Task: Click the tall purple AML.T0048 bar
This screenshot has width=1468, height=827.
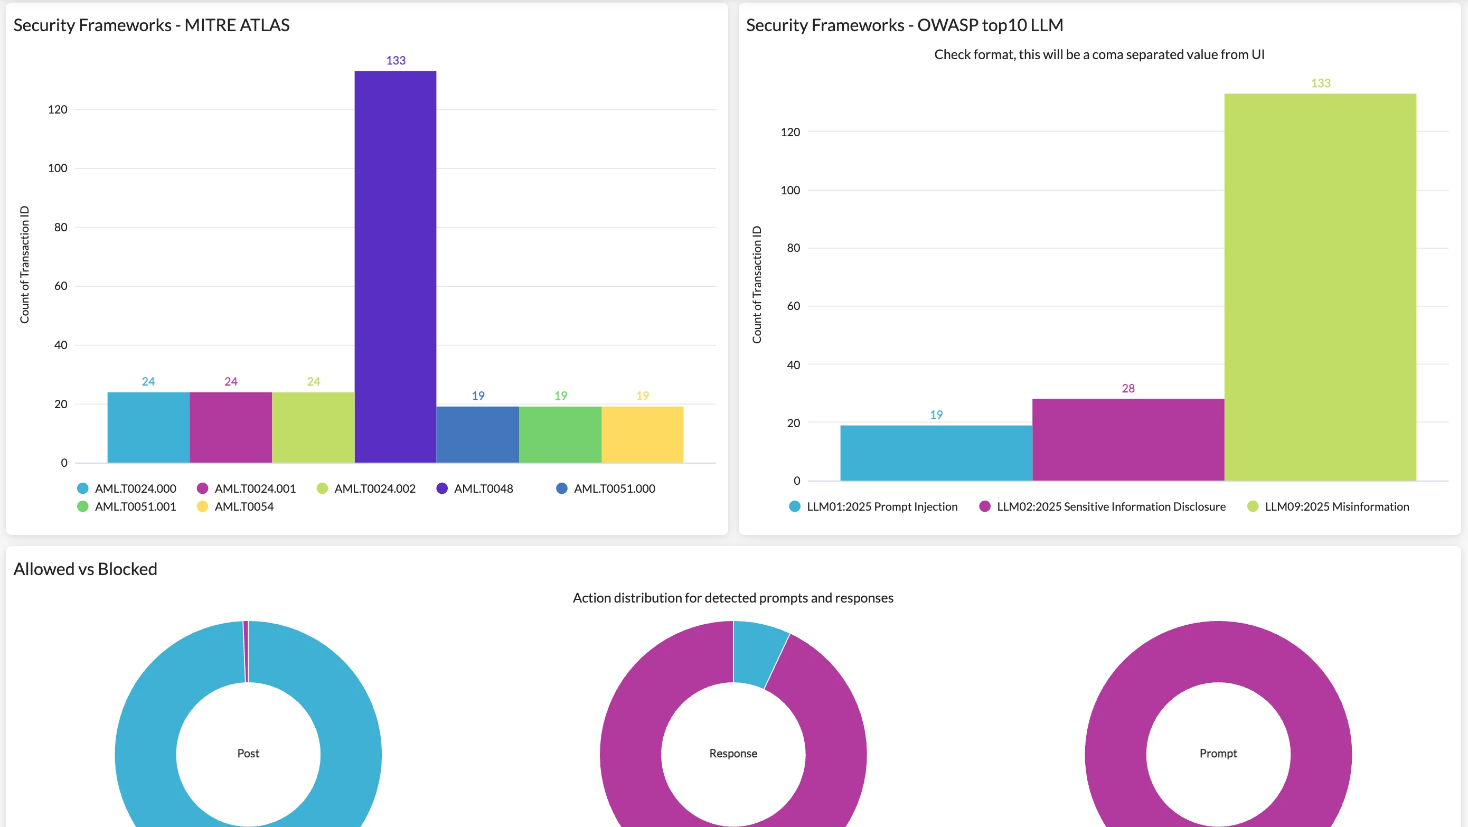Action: pyautogui.click(x=396, y=267)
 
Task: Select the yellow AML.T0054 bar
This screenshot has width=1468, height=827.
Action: pyautogui.click(x=642, y=434)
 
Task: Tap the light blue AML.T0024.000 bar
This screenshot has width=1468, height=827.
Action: pyautogui.click(x=148, y=427)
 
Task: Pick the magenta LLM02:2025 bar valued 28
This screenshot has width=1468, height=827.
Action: pyautogui.click(x=1128, y=439)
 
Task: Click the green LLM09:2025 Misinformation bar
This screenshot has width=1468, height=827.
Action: pyautogui.click(x=1320, y=287)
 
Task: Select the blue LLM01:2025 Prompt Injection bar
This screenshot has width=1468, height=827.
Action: pyautogui.click(x=936, y=453)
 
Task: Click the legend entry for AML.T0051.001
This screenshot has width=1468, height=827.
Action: pyautogui.click(x=127, y=506)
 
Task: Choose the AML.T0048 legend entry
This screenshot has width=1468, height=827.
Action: pyautogui.click(x=475, y=488)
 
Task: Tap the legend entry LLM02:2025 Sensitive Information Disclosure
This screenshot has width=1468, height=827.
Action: pyautogui.click(x=1102, y=506)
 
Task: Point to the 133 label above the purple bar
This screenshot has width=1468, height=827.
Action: pyautogui.click(x=396, y=60)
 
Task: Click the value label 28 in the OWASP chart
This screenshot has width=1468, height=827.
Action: pyautogui.click(x=1128, y=388)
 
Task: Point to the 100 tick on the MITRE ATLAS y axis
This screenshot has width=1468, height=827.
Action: pyautogui.click(x=58, y=168)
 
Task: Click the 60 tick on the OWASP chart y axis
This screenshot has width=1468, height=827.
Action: pyautogui.click(x=793, y=306)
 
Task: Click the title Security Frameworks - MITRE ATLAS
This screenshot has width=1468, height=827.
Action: pyautogui.click(x=152, y=25)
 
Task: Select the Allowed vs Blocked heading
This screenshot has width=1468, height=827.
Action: pyautogui.click(x=86, y=569)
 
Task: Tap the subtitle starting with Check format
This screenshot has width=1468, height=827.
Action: pyautogui.click(x=1099, y=55)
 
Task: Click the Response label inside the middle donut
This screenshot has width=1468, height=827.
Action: pyautogui.click(x=733, y=754)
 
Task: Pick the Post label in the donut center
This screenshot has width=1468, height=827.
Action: pyautogui.click(x=248, y=754)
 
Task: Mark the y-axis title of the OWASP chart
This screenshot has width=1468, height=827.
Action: pyautogui.click(x=757, y=285)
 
